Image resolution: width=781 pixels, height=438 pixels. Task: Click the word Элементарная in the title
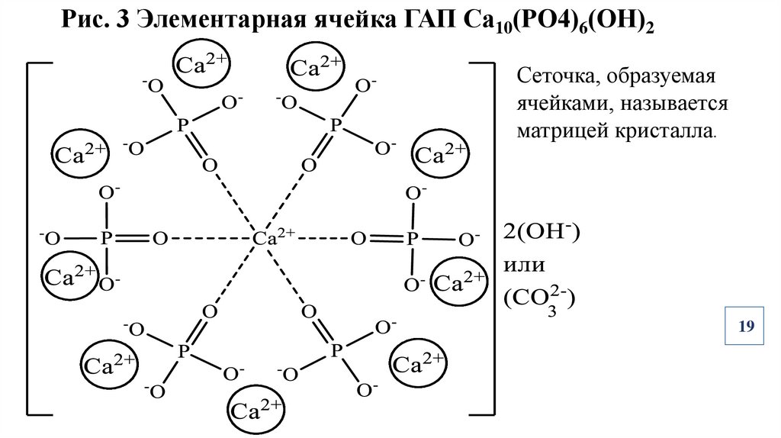(217, 24)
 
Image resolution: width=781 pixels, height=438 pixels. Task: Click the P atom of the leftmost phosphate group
(108, 239)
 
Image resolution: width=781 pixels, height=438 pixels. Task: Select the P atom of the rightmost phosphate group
(412, 239)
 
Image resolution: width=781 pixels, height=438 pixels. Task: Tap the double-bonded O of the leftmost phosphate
(159, 239)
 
